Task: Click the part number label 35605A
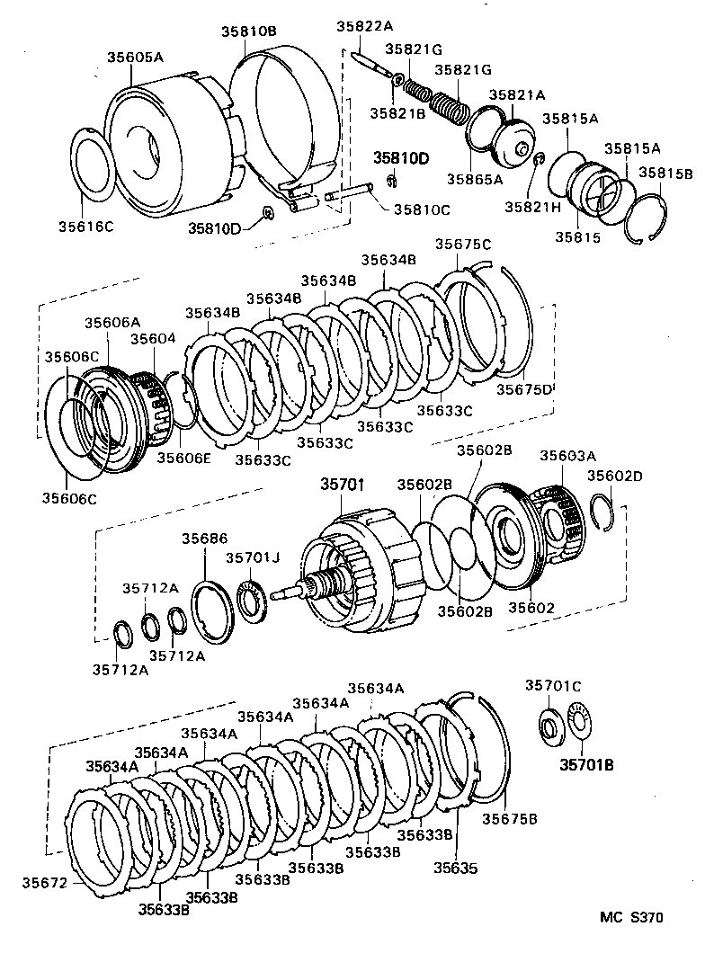135,58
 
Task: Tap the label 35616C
86,227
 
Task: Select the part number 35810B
249,31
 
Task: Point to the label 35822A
364,26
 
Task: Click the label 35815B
665,174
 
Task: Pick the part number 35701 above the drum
343,485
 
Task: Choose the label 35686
205,539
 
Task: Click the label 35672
44,883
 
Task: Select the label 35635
456,868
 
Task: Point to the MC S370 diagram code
631,917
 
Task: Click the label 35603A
568,456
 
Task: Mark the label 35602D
614,477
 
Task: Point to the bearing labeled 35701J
254,601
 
